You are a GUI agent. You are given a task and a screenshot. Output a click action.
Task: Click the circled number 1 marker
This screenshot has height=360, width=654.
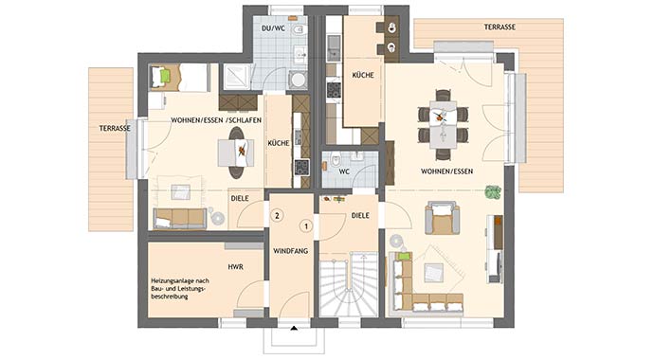tap(306, 226)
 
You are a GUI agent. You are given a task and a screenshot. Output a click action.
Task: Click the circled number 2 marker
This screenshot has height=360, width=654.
tap(278, 216)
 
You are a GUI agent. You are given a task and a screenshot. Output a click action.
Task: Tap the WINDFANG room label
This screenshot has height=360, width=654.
tap(291, 251)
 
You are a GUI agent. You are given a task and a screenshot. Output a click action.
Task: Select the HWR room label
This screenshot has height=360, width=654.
tap(236, 266)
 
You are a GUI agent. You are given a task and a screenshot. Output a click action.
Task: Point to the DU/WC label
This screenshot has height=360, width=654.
tap(273, 28)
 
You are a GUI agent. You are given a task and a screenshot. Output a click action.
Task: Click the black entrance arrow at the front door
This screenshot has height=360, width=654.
tap(294, 329)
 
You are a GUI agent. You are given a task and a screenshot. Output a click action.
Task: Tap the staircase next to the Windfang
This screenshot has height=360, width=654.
tap(349, 284)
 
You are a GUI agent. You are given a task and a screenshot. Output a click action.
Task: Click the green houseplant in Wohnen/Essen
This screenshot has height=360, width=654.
tap(493, 192)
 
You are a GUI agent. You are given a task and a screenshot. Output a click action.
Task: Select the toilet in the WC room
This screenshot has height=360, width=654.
tap(336, 158)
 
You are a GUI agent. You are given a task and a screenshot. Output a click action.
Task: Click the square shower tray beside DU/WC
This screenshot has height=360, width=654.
tap(237, 77)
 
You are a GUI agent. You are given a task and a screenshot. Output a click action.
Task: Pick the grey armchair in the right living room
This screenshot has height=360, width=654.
tap(442, 218)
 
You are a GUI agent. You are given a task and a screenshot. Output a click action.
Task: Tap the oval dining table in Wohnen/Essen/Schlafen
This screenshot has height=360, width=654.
tap(237, 153)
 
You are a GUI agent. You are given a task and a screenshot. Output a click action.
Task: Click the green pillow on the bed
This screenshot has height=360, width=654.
tap(165, 76)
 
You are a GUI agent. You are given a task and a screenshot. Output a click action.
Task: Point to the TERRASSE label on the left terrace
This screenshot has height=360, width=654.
tap(115, 128)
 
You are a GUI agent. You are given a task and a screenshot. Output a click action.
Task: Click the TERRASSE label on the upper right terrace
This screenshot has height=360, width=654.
tap(500, 27)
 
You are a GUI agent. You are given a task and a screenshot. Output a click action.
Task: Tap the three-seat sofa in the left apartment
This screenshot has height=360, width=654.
tap(180, 219)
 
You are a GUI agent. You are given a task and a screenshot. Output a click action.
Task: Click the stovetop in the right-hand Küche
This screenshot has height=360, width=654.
tap(334, 90)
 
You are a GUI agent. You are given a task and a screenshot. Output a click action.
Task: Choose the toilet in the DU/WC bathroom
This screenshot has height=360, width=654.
tap(298, 30)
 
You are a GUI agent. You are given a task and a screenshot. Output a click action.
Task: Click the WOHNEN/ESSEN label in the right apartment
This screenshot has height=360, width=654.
tap(446, 171)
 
